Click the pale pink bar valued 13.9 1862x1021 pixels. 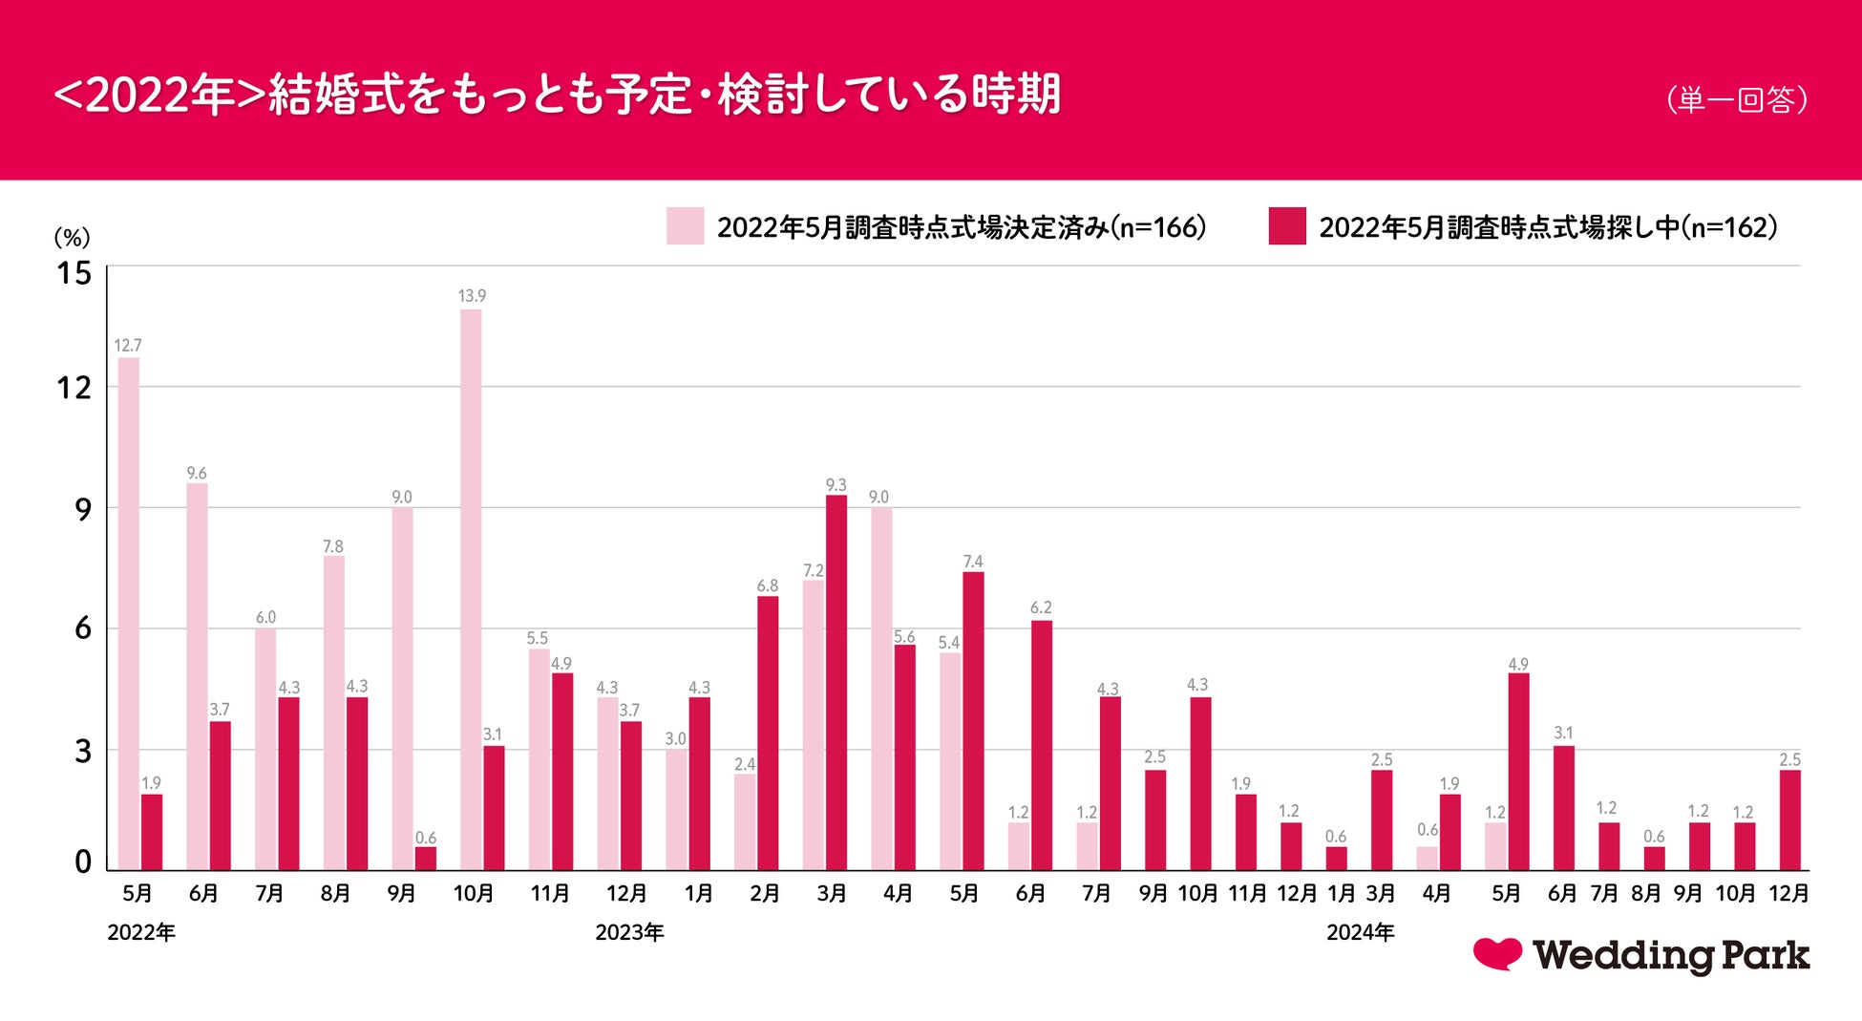coord(471,589)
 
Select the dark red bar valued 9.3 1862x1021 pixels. coord(836,682)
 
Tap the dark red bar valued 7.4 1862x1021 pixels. coord(973,720)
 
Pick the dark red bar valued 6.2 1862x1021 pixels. coord(1042,745)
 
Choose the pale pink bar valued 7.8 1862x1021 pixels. coord(333,713)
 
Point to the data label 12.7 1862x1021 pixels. coord(128,346)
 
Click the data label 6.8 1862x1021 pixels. coord(768,585)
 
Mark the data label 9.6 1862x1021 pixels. coord(197,473)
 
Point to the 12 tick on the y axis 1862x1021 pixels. coord(74,388)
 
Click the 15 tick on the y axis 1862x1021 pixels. coord(74,274)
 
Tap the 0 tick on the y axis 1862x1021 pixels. coord(83,861)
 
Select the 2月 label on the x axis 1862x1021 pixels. coord(765,894)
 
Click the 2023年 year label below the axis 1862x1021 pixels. coord(629,933)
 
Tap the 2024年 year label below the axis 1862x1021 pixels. coord(1360,933)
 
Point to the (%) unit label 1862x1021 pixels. coord(72,237)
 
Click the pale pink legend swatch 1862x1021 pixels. coord(685,226)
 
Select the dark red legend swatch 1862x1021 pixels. coord(1286,226)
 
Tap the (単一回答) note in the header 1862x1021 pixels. coord(1737,99)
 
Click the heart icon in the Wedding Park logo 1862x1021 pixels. coord(1496,953)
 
